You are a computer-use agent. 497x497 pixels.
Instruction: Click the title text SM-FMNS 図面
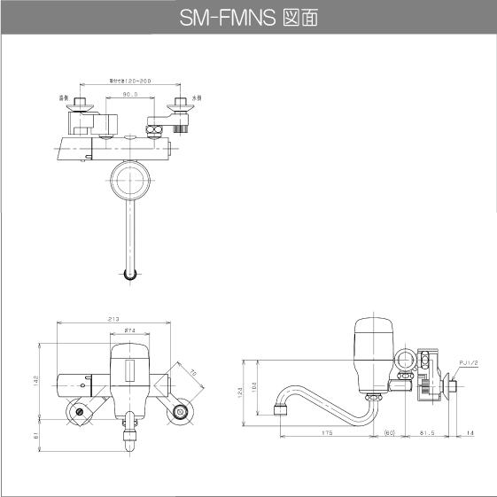click(x=249, y=17)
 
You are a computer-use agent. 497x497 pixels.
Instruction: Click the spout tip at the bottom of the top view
click(x=130, y=274)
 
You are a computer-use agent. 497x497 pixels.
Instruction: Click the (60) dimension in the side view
click(x=389, y=434)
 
